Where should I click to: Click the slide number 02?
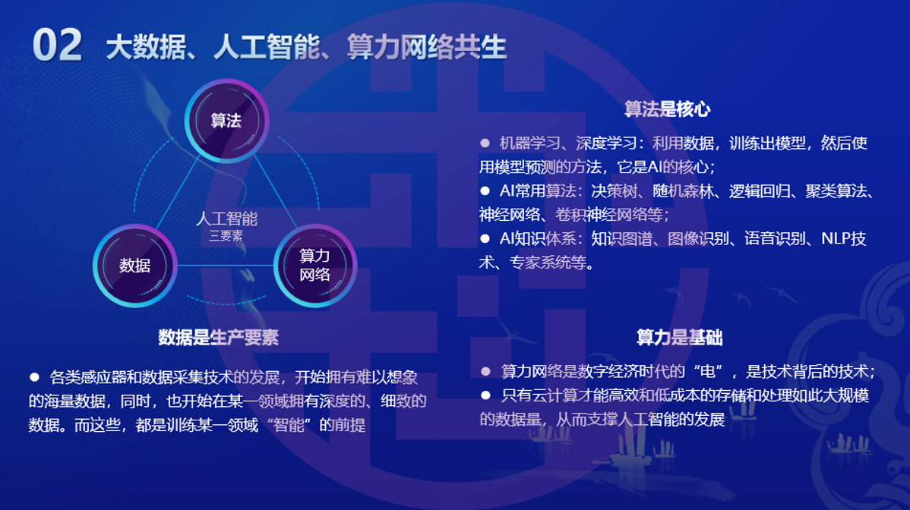coord(57,46)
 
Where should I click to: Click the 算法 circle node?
coord(226,121)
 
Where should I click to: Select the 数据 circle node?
coord(134,266)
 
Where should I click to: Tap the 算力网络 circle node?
coord(314,266)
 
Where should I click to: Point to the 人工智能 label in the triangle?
coord(226,219)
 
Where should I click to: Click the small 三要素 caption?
coord(226,236)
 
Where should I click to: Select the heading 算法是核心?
coord(668,109)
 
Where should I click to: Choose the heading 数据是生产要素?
coord(219,337)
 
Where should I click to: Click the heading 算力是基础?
coord(680,337)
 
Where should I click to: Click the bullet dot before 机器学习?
coord(485,143)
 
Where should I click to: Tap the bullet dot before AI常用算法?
coord(485,190)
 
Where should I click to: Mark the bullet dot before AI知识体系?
coord(485,238)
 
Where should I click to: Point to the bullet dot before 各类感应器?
coord(34,377)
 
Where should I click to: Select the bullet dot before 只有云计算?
coord(485,395)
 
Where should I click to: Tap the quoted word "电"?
coord(703,371)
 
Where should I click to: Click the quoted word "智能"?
coord(289,425)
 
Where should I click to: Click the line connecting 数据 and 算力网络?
coord(225,266)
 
